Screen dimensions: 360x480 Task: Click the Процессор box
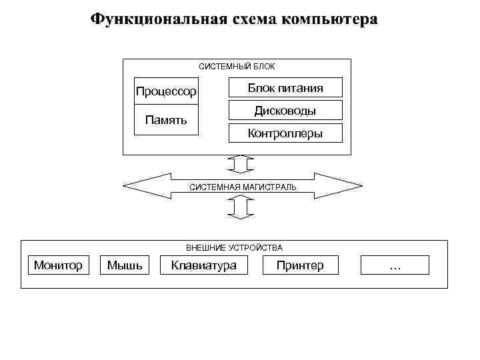coord(166,91)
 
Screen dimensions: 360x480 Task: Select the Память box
coord(166,120)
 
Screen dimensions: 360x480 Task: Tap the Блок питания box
coord(285,88)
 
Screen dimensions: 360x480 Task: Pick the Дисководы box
coord(285,111)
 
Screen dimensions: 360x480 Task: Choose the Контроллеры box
coord(285,133)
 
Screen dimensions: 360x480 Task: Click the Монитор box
coord(58,265)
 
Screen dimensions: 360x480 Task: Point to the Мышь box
coord(125,265)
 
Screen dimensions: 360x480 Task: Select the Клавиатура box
coord(203,265)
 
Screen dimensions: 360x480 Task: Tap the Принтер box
coord(301,265)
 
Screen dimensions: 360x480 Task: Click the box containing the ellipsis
coord(395,265)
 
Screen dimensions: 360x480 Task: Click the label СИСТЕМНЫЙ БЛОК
coord(237,67)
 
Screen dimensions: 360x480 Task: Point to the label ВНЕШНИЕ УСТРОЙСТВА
coord(234,248)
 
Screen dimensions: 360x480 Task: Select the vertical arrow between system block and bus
coord(239,163)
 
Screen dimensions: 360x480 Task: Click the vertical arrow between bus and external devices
coord(239,209)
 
